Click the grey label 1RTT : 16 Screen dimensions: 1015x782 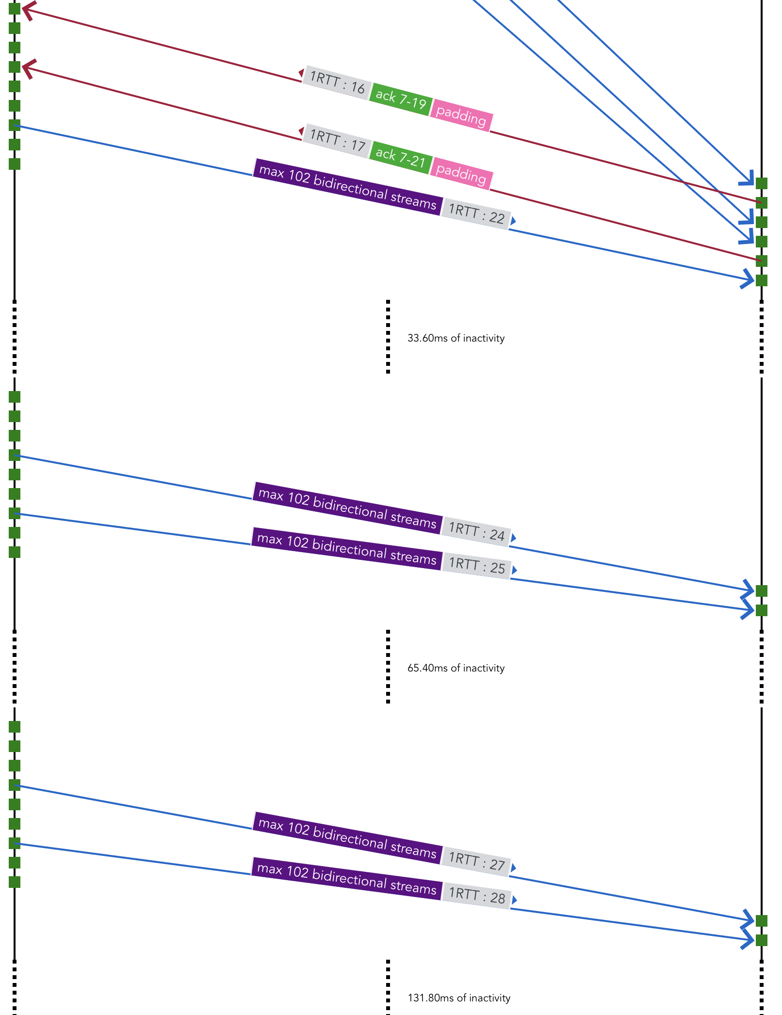[x=337, y=83]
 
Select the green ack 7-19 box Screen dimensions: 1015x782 [x=401, y=99]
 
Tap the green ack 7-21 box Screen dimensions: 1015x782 [x=401, y=158]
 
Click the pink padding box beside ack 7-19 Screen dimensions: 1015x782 [x=461, y=115]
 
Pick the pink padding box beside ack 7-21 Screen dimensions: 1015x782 [x=461, y=173]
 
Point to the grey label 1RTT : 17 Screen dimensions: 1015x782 [x=337, y=141]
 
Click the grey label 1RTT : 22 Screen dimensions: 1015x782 [x=476, y=214]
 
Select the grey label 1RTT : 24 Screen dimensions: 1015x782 [x=476, y=531]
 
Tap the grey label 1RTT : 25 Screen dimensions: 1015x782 [x=477, y=565]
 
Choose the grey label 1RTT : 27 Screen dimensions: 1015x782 [x=476, y=861]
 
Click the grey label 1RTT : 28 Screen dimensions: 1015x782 [x=477, y=895]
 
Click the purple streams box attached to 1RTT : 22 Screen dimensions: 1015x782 [x=347, y=187]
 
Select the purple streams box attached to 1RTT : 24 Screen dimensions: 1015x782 [x=347, y=508]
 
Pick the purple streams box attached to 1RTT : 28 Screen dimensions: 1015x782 [x=346, y=879]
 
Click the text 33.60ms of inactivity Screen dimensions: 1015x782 [x=456, y=338]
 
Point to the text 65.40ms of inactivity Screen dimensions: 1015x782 [x=456, y=668]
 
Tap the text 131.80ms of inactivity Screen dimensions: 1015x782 [x=458, y=998]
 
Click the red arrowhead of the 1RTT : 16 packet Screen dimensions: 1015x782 [x=26, y=10]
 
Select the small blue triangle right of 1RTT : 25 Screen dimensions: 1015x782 [x=514, y=570]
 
